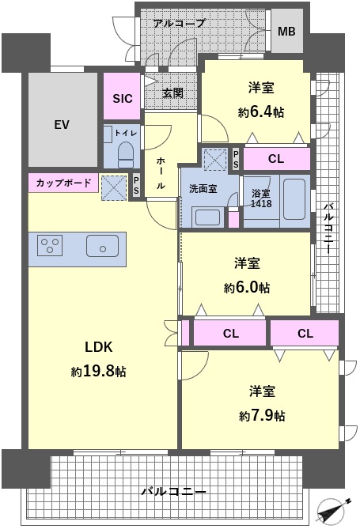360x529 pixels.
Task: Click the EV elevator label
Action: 62,125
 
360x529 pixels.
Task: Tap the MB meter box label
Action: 286,32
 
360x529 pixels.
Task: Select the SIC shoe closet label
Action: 123,99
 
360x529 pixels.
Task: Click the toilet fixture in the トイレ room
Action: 126,154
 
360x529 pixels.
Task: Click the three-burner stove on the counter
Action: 50,246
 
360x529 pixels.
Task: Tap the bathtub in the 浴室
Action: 294,199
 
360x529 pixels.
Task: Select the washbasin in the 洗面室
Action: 207,217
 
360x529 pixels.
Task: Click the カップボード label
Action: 63,183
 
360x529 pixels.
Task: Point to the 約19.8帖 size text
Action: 98,372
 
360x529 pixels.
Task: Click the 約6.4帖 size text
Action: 261,112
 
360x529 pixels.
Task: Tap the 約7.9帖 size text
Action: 262,416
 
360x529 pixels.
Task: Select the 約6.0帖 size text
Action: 247,288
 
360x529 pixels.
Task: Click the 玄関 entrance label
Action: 172,93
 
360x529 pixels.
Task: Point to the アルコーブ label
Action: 179,23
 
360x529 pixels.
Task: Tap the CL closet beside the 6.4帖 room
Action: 276,159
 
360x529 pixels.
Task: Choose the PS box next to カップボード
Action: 136,187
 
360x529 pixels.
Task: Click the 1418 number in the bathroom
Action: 261,203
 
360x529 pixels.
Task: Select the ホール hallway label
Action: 161,173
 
